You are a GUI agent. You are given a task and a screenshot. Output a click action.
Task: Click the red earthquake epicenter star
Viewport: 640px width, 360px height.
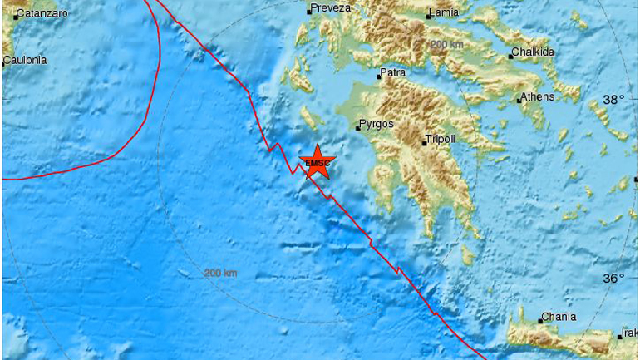[317, 161]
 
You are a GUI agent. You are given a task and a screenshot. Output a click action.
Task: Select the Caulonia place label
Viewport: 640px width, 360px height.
[26, 60]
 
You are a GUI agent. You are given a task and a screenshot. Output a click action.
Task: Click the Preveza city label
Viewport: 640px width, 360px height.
[331, 9]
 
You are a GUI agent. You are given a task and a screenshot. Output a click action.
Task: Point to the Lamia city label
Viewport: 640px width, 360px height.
[442, 13]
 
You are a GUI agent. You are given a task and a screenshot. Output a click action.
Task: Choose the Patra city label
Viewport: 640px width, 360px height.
[393, 73]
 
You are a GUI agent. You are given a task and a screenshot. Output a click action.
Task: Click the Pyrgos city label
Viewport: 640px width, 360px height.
[374, 126]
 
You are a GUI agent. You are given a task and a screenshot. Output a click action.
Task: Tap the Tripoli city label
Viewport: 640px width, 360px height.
[441, 140]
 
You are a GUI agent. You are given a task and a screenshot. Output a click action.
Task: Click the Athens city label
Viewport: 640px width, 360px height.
[539, 96]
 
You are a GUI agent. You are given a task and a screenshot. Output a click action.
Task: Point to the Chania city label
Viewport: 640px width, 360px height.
[559, 317]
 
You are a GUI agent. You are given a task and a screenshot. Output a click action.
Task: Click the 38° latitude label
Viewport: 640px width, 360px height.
[613, 100]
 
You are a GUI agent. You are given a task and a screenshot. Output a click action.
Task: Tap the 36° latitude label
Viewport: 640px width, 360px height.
[613, 278]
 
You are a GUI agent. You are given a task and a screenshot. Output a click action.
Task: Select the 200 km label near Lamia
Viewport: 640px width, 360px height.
[446, 44]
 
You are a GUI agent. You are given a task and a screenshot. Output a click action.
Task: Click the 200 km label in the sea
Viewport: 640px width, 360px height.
[220, 273]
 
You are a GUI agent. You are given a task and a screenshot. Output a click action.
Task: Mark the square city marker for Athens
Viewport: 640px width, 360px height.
[519, 101]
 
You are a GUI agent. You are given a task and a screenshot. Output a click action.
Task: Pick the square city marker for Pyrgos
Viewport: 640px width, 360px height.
[357, 129]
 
